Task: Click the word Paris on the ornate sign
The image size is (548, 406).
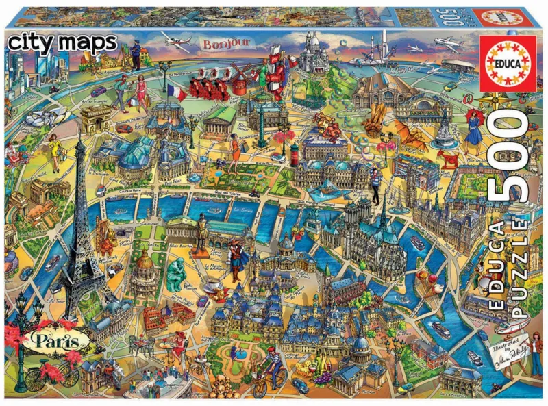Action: coord(62,339)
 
